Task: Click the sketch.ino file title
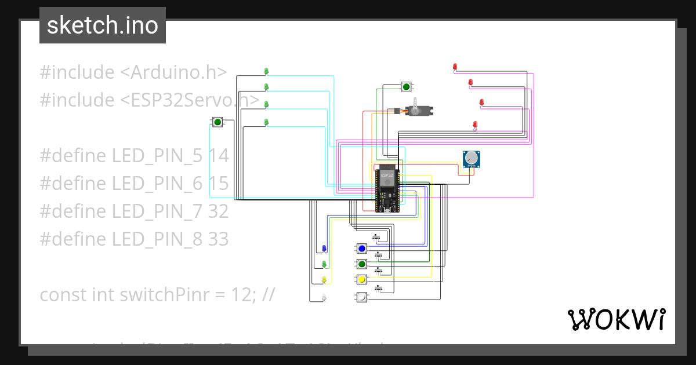coord(102,25)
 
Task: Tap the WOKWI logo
coord(616,319)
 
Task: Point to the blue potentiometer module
coord(471,159)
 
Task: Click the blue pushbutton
coord(362,249)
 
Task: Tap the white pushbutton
coord(361,297)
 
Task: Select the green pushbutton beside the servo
coord(406,87)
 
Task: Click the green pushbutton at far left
coord(217,122)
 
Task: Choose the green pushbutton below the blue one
coord(362,264)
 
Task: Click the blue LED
coord(324,249)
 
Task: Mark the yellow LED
coord(324,280)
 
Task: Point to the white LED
coord(324,297)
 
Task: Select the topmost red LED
coord(455,67)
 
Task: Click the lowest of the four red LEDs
coord(475,125)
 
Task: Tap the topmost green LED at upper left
coord(266,71)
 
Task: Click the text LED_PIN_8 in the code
coord(157,239)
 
